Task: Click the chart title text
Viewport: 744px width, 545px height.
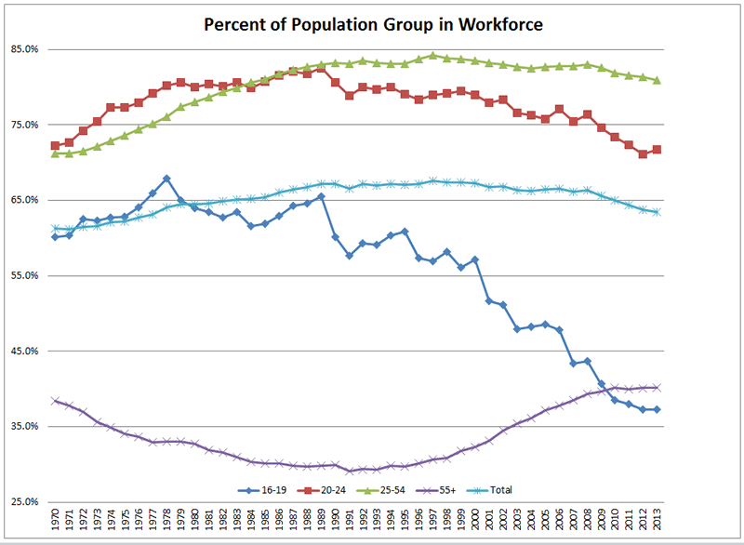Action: click(x=373, y=23)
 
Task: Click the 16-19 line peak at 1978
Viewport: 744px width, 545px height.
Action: click(x=166, y=178)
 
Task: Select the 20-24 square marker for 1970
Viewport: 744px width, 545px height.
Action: click(x=56, y=146)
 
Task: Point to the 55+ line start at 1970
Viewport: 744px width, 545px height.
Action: click(x=56, y=401)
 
